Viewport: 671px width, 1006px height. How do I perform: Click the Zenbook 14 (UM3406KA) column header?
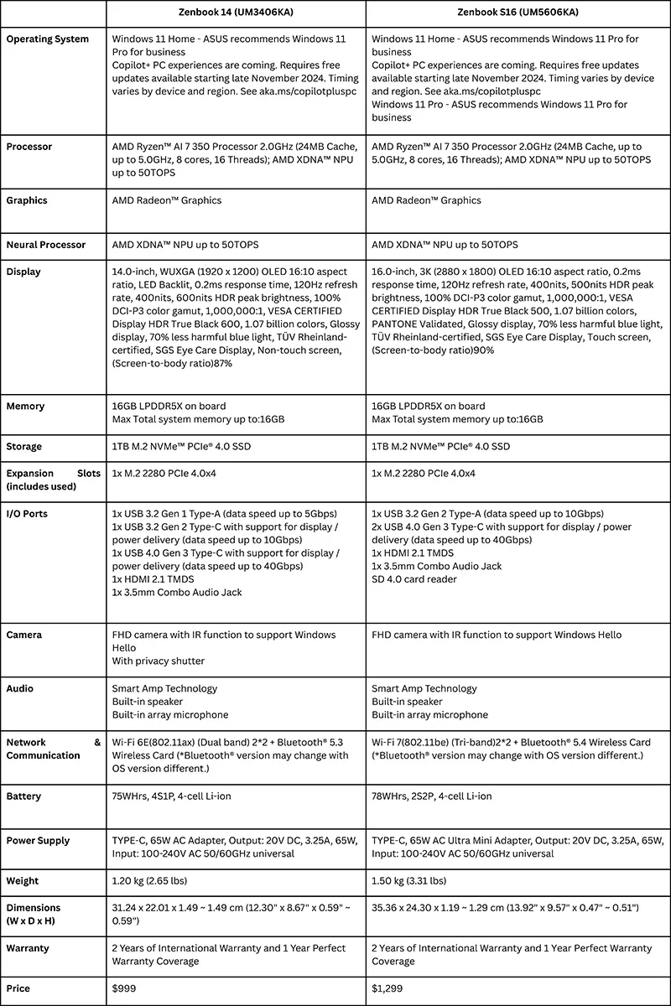[236, 13]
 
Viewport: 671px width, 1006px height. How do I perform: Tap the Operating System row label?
[48, 39]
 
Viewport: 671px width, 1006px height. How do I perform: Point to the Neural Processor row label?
[46, 245]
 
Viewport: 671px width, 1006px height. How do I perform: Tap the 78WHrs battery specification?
[431, 796]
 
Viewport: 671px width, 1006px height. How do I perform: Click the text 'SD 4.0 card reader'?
[415, 579]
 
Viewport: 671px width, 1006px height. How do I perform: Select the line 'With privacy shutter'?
[159, 661]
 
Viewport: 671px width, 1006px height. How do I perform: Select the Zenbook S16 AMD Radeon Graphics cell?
[426, 200]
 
